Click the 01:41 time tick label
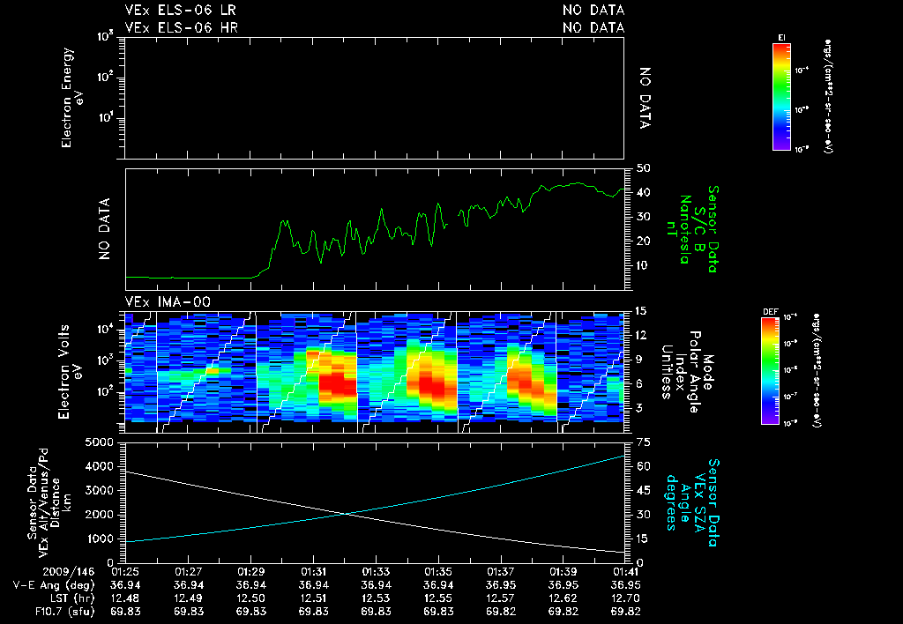click(x=625, y=572)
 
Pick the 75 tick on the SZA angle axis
click(x=644, y=442)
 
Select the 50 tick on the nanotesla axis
click(x=644, y=168)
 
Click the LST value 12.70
click(x=625, y=598)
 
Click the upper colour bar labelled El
click(x=780, y=95)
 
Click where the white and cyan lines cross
click(x=345, y=514)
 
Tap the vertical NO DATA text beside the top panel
click(x=645, y=98)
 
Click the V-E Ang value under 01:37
click(x=501, y=585)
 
